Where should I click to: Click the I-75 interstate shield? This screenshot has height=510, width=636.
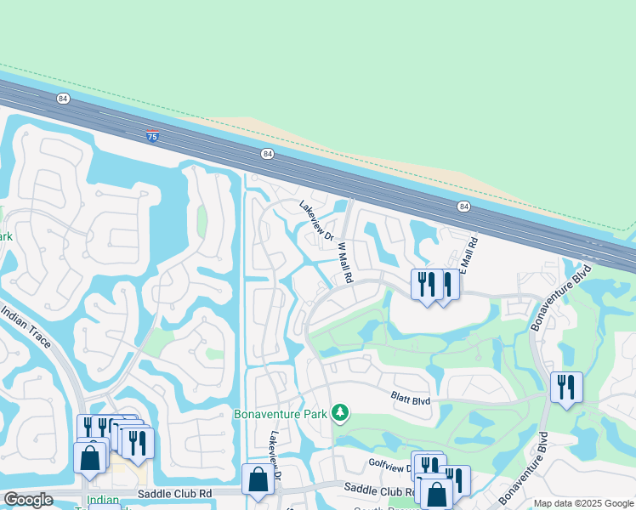152,136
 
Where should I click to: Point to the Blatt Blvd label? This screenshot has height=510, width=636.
411,398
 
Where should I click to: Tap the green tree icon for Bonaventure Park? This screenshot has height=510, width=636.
340,412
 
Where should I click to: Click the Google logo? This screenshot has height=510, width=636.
28,500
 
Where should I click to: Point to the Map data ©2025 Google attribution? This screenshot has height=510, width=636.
583,503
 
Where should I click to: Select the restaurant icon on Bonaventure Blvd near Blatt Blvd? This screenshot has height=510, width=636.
566,388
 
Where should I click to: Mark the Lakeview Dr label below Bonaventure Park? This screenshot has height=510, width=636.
275,450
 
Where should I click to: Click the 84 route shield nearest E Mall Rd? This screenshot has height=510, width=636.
463,207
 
